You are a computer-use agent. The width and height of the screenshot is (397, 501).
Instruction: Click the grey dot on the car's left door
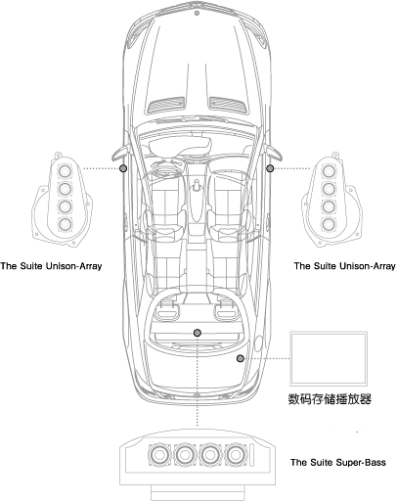pos(123,168)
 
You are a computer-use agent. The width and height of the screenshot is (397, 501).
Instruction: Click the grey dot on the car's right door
pos(270,168)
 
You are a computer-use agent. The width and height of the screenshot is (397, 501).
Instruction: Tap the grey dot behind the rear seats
pos(198,333)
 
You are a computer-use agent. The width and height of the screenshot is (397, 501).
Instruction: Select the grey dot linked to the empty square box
pos(241,358)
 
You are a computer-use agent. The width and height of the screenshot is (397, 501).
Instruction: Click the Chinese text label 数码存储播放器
pos(330,399)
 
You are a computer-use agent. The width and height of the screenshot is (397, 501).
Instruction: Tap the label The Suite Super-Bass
pos(338,462)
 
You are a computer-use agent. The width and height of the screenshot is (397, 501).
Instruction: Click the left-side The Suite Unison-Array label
pos(51,266)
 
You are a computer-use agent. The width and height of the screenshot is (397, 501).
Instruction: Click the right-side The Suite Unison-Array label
pos(345,266)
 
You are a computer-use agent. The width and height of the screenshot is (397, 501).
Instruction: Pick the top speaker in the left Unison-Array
pos(65,170)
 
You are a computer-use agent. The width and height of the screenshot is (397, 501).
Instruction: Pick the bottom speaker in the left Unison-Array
pos(66,224)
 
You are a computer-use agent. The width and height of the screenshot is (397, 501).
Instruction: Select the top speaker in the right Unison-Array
pos(329,170)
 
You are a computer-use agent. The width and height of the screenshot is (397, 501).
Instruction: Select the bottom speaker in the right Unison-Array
pos(329,224)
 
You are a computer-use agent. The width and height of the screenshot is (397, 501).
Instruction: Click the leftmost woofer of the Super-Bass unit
pos(159,455)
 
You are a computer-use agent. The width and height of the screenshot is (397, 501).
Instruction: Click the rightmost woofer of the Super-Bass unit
pos(236,455)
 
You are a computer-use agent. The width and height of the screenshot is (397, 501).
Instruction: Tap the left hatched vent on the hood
pos(166,105)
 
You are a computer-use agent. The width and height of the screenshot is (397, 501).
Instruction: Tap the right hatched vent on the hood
pos(228,105)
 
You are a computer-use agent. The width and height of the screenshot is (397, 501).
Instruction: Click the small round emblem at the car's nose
pos(197,13)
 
